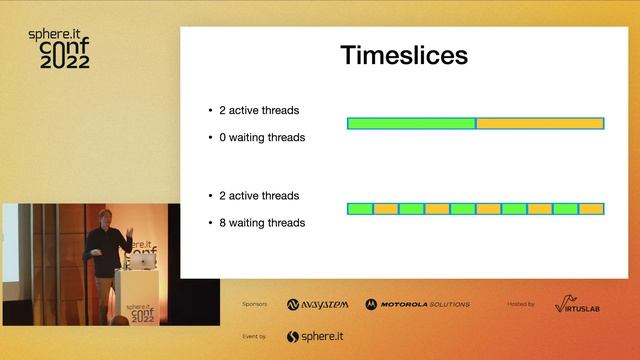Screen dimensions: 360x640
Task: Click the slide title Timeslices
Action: pyautogui.click(x=404, y=55)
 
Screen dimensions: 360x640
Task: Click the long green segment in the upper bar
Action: pyautogui.click(x=411, y=123)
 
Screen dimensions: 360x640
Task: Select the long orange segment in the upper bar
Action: pyautogui.click(x=540, y=123)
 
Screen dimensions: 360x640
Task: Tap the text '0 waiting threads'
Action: pyautogui.click(x=261, y=137)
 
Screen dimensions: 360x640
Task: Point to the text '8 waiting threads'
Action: pyautogui.click(x=261, y=223)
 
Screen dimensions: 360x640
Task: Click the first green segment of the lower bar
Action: pyautogui.click(x=360, y=209)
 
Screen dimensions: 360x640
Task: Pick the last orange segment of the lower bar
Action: pyautogui.click(x=592, y=209)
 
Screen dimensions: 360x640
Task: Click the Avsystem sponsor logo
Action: pyautogui.click(x=319, y=304)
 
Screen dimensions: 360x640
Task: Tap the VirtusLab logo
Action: pyautogui.click(x=578, y=304)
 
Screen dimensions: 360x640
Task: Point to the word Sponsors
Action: pyautogui.click(x=255, y=304)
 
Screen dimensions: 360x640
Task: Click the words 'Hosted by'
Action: pyautogui.click(x=521, y=304)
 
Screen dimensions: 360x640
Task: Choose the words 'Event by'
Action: pyautogui.click(x=255, y=337)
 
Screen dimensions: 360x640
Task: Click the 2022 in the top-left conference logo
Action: pyautogui.click(x=65, y=62)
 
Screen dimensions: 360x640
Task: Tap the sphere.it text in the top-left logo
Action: pyautogui.click(x=59, y=34)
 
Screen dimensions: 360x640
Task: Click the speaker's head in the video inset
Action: pyautogui.click(x=107, y=217)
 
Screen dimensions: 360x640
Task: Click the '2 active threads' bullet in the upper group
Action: pyautogui.click(x=258, y=110)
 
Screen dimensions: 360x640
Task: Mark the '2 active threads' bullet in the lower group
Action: pyautogui.click(x=258, y=196)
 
